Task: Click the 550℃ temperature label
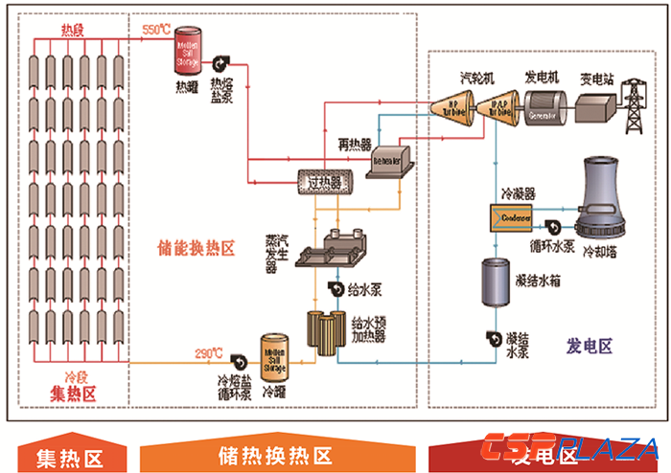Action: [x=156, y=30]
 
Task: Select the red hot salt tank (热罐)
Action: [x=187, y=50]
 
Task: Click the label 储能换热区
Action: [x=197, y=250]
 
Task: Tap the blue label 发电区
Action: [x=590, y=345]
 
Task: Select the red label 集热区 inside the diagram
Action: [x=75, y=393]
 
